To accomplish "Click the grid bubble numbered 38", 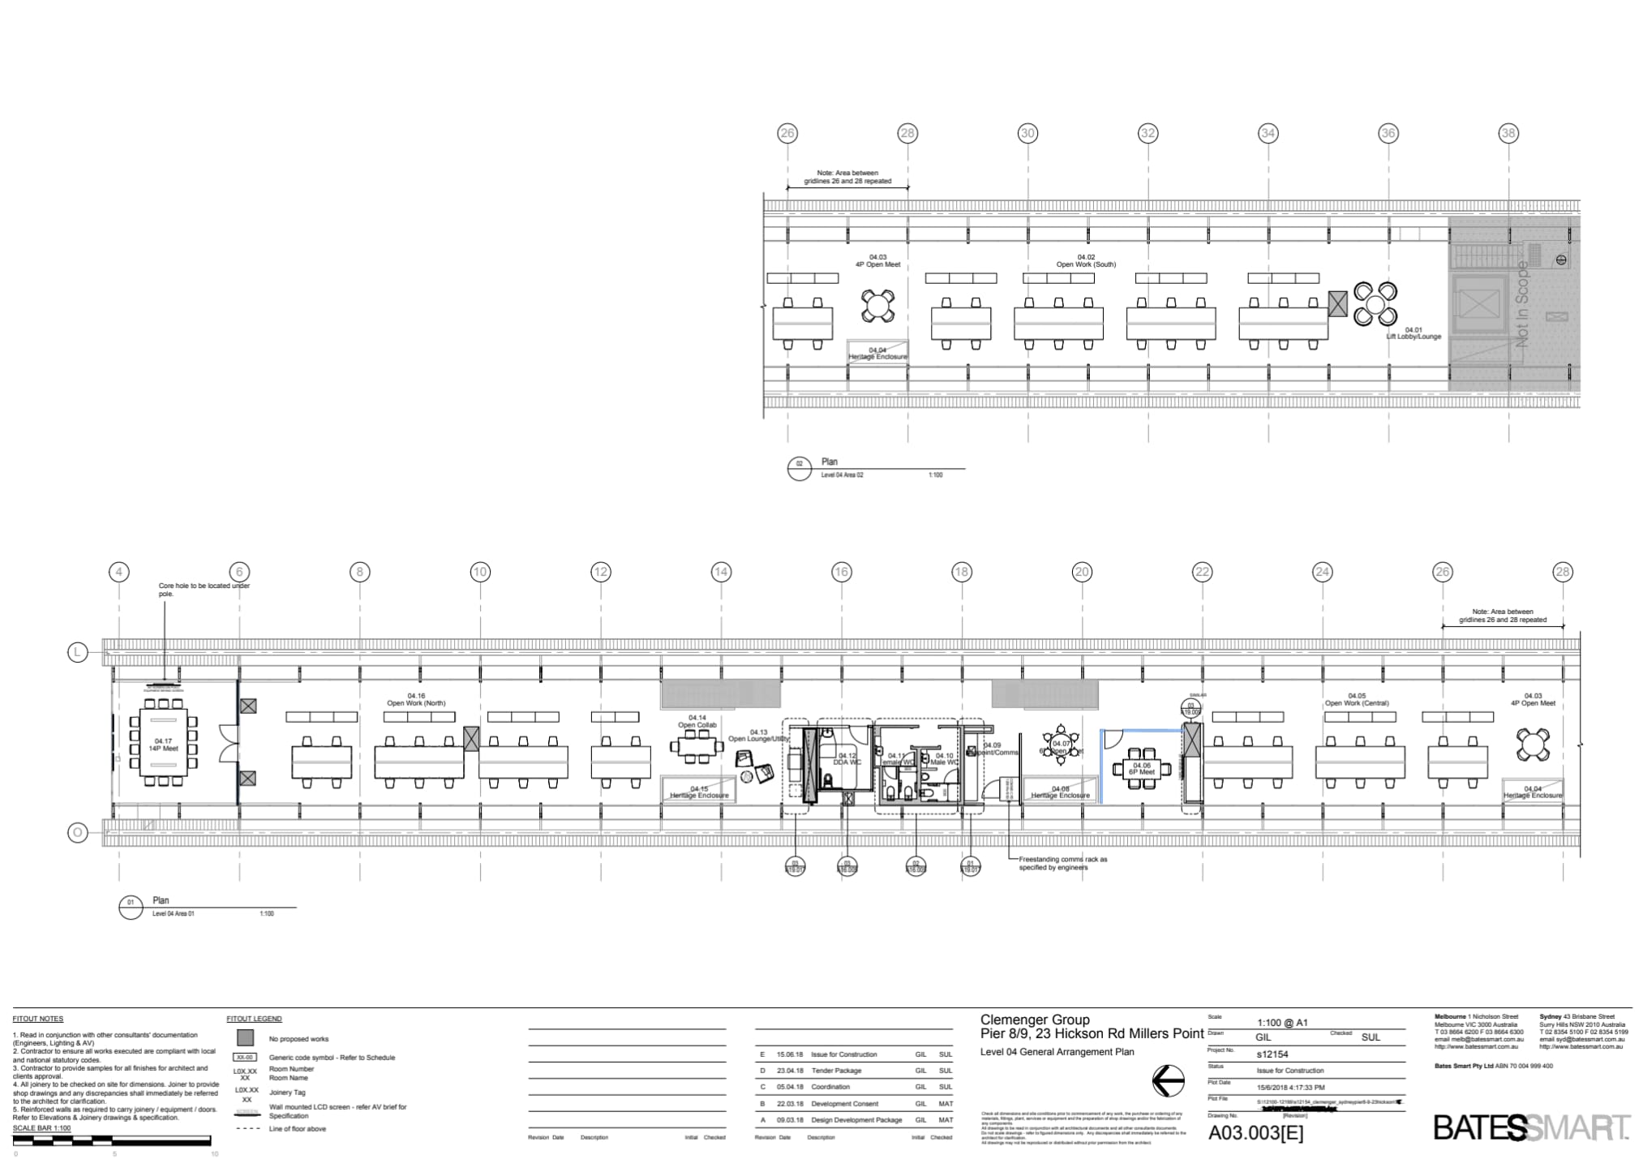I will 1508,133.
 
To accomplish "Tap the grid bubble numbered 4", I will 119,572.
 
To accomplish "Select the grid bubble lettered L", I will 77,652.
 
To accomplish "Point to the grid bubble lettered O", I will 77,832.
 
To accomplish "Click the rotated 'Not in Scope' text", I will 1522,304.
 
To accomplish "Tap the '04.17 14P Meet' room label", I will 163,745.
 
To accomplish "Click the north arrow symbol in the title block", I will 1168,1080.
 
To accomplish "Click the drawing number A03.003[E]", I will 1255,1133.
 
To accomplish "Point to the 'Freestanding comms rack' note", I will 1062,863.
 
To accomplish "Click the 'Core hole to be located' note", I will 204,590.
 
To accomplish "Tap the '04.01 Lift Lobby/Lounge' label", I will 1413,333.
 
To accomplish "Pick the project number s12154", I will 1272,1054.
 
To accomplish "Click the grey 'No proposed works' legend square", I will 245,1038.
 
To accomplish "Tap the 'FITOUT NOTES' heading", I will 37,1019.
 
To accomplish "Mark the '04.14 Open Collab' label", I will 697,721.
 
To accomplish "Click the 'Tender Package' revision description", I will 836,1071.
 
